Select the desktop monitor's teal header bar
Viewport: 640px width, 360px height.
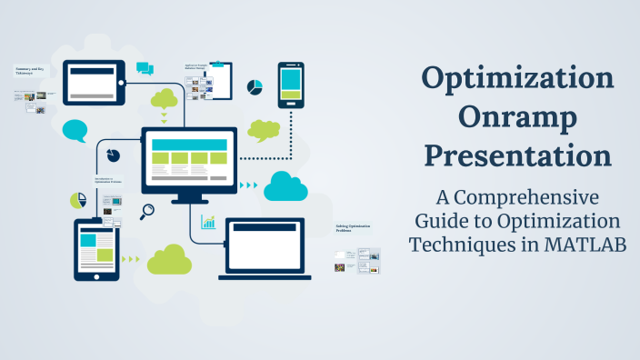click(190, 145)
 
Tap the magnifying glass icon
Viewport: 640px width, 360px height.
click(146, 212)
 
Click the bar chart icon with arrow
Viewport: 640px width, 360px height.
click(209, 222)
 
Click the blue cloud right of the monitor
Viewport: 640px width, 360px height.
click(285, 186)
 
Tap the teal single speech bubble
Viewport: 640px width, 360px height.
click(75, 131)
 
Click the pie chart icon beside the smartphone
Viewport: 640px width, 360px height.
click(255, 88)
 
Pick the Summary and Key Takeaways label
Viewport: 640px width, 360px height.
click(30, 70)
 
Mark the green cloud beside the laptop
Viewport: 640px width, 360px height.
click(169, 260)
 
